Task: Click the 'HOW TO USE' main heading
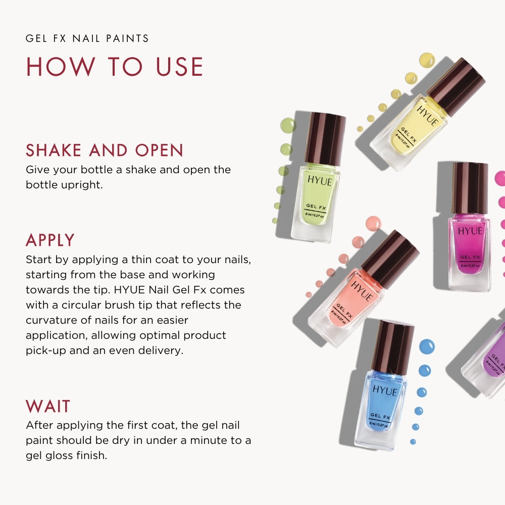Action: pyautogui.click(x=115, y=67)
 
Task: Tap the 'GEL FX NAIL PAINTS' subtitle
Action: pyautogui.click(x=87, y=38)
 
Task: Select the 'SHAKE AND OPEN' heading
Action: pyautogui.click(x=105, y=150)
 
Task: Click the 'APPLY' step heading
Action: pyautogui.click(x=50, y=240)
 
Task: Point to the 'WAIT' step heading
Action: pyautogui.click(x=48, y=407)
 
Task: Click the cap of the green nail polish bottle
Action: pyautogui.click(x=325, y=139)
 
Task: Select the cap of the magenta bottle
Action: pyautogui.click(x=470, y=187)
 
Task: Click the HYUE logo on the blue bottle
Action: pyautogui.click(x=385, y=390)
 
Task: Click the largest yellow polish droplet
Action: pyautogui.click(x=427, y=60)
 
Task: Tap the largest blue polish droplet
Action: pyautogui.click(x=426, y=346)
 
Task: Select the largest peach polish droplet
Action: pyautogui.click(x=373, y=223)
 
